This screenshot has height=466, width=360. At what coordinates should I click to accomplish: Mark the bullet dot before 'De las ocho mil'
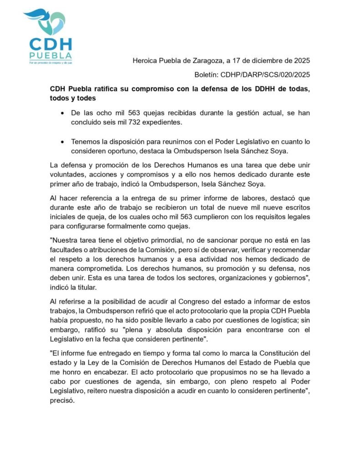62,112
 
